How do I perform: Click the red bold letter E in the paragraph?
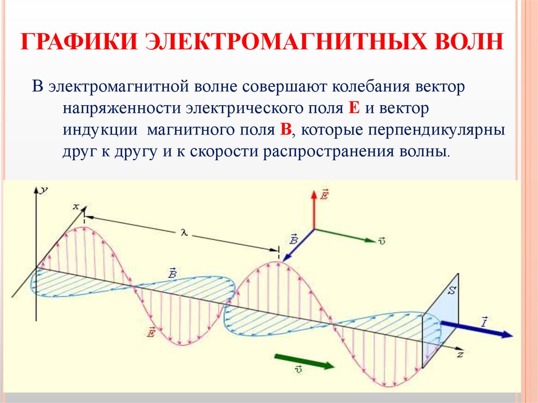[354, 107]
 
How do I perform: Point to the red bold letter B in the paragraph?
[286, 130]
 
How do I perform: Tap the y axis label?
[46, 190]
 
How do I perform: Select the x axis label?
[75, 207]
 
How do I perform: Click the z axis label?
[460, 355]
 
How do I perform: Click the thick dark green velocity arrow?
[304, 361]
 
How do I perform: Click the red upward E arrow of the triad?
[314, 210]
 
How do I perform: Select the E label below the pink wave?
[152, 332]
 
